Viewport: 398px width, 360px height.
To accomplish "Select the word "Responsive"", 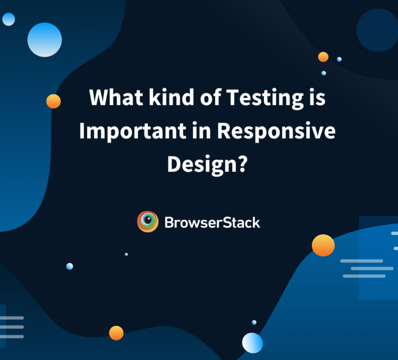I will [276, 132].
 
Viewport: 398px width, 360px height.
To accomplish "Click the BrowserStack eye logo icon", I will [148, 222].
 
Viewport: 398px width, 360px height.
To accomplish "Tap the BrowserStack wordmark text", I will [212, 223].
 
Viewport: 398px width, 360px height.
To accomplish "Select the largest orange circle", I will [323, 245].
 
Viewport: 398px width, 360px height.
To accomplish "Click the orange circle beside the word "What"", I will [53, 101].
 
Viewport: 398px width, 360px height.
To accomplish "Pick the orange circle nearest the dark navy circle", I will [323, 57].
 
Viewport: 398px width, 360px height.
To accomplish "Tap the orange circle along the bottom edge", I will [116, 333].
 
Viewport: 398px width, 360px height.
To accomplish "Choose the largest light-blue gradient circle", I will [45, 40].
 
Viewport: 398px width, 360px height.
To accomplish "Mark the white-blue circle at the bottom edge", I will [252, 343].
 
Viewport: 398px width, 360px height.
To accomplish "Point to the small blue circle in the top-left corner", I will [8, 19].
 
